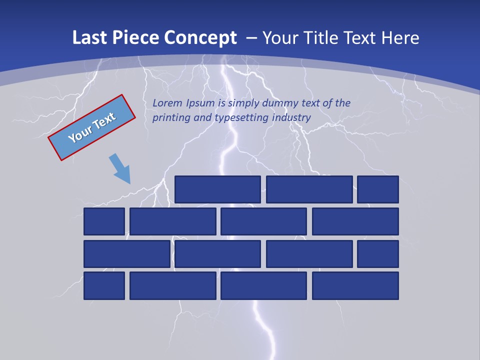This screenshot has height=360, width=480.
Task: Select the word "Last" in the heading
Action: [x=88, y=38]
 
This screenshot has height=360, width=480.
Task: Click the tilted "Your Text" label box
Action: [x=91, y=127]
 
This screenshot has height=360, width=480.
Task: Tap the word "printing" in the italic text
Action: [x=170, y=118]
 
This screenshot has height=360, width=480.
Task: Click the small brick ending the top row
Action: [x=378, y=189]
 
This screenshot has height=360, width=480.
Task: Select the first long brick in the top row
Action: [x=217, y=189]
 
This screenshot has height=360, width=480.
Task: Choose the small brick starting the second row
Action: [x=104, y=221]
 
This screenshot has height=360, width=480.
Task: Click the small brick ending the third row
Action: [x=378, y=254]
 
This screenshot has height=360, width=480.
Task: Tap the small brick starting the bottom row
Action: [x=104, y=286]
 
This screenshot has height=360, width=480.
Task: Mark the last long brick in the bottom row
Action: [x=355, y=286]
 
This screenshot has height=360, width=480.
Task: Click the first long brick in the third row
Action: [x=127, y=254]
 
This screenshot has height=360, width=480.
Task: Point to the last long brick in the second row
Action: [x=355, y=221]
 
